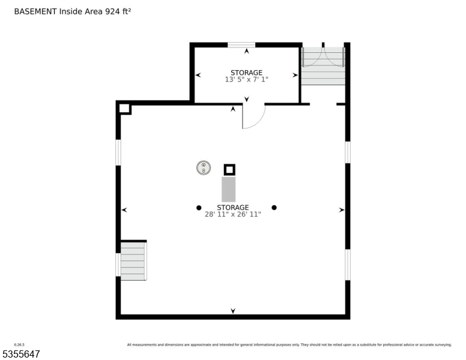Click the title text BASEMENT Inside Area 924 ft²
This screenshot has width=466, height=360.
[x=72, y=11]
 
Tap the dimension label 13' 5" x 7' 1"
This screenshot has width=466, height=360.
[x=246, y=79]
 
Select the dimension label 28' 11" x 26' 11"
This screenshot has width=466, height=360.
[x=233, y=214]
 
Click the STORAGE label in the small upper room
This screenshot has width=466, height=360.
[x=246, y=73]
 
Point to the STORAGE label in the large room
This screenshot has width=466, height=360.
[x=233, y=207]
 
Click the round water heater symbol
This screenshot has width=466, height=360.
[x=204, y=168]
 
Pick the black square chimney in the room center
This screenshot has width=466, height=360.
[x=229, y=170]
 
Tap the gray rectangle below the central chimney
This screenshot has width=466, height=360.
[x=229, y=189]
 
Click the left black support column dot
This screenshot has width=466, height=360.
[x=199, y=208]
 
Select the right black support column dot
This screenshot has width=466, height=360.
[x=274, y=208]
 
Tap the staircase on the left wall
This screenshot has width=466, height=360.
[x=133, y=260]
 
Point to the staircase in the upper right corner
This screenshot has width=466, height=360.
[x=323, y=75]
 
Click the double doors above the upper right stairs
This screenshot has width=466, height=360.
[x=323, y=56]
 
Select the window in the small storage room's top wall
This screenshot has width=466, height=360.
[x=241, y=44]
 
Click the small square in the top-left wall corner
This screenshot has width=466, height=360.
[x=124, y=109]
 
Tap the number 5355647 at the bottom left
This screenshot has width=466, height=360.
[x=22, y=354]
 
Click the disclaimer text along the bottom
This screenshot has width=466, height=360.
[x=289, y=344]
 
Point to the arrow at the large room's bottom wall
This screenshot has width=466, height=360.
[x=233, y=310]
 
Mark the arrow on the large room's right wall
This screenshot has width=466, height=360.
[x=341, y=210]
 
